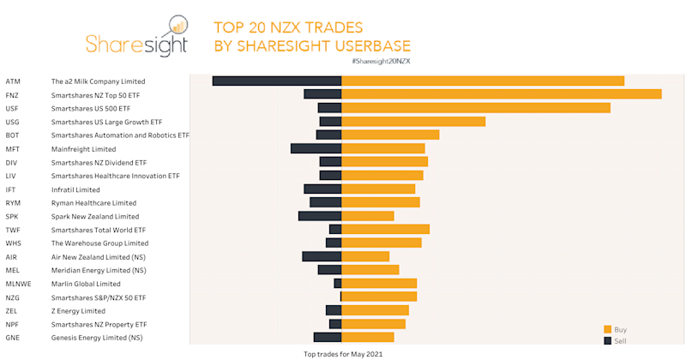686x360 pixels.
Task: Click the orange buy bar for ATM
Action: point(483,81)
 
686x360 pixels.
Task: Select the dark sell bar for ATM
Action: point(277,81)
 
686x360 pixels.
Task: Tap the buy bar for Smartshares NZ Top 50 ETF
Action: point(502,94)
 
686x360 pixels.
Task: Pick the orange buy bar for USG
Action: point(413,122)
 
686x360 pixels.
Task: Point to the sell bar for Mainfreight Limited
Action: point(316,148)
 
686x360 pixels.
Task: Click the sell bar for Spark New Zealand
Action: point(320,216)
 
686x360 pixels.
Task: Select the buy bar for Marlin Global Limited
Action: point(379,284)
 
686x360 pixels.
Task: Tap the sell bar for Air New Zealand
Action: point(322,256)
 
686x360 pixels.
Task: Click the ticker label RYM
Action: point(13,203)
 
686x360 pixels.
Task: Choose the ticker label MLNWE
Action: point(18,284)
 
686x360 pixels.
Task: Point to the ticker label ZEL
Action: point(11,310)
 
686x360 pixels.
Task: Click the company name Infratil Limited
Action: point(75,189)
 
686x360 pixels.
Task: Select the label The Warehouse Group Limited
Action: point(99,243)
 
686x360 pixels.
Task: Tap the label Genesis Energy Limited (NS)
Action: point(97,338)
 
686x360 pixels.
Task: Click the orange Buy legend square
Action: point(608,329)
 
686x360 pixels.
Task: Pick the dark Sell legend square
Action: point(608,341)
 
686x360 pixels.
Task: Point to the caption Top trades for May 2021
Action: point(341,353)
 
